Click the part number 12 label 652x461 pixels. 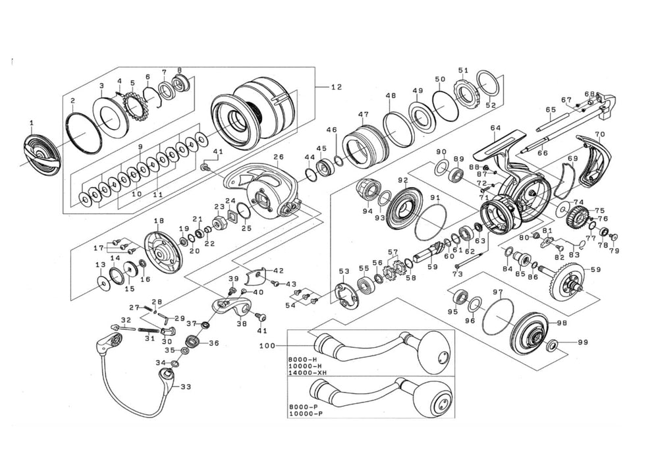tap(337, 87)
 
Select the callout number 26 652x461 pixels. tap(278, 157)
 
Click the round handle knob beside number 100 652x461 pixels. tap(435, 346)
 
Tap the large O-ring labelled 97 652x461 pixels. tap(497, 312)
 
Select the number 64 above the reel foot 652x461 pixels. tap(495, 128)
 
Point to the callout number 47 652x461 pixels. tap(363, 113)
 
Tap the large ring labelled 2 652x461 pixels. tap(84, 132)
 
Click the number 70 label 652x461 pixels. tap(599, 134)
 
